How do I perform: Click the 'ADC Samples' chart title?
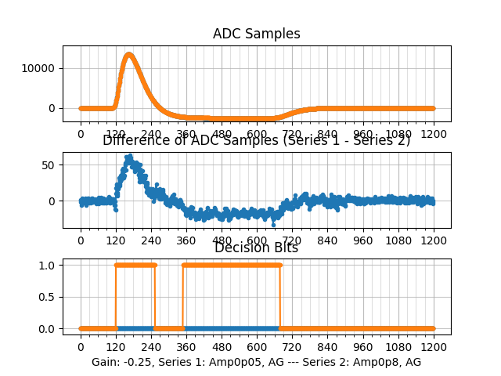256,34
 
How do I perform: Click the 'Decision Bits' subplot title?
256,248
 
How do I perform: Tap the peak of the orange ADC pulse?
129,55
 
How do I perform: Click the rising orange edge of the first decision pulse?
116,296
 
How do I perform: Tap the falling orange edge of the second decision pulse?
280,296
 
